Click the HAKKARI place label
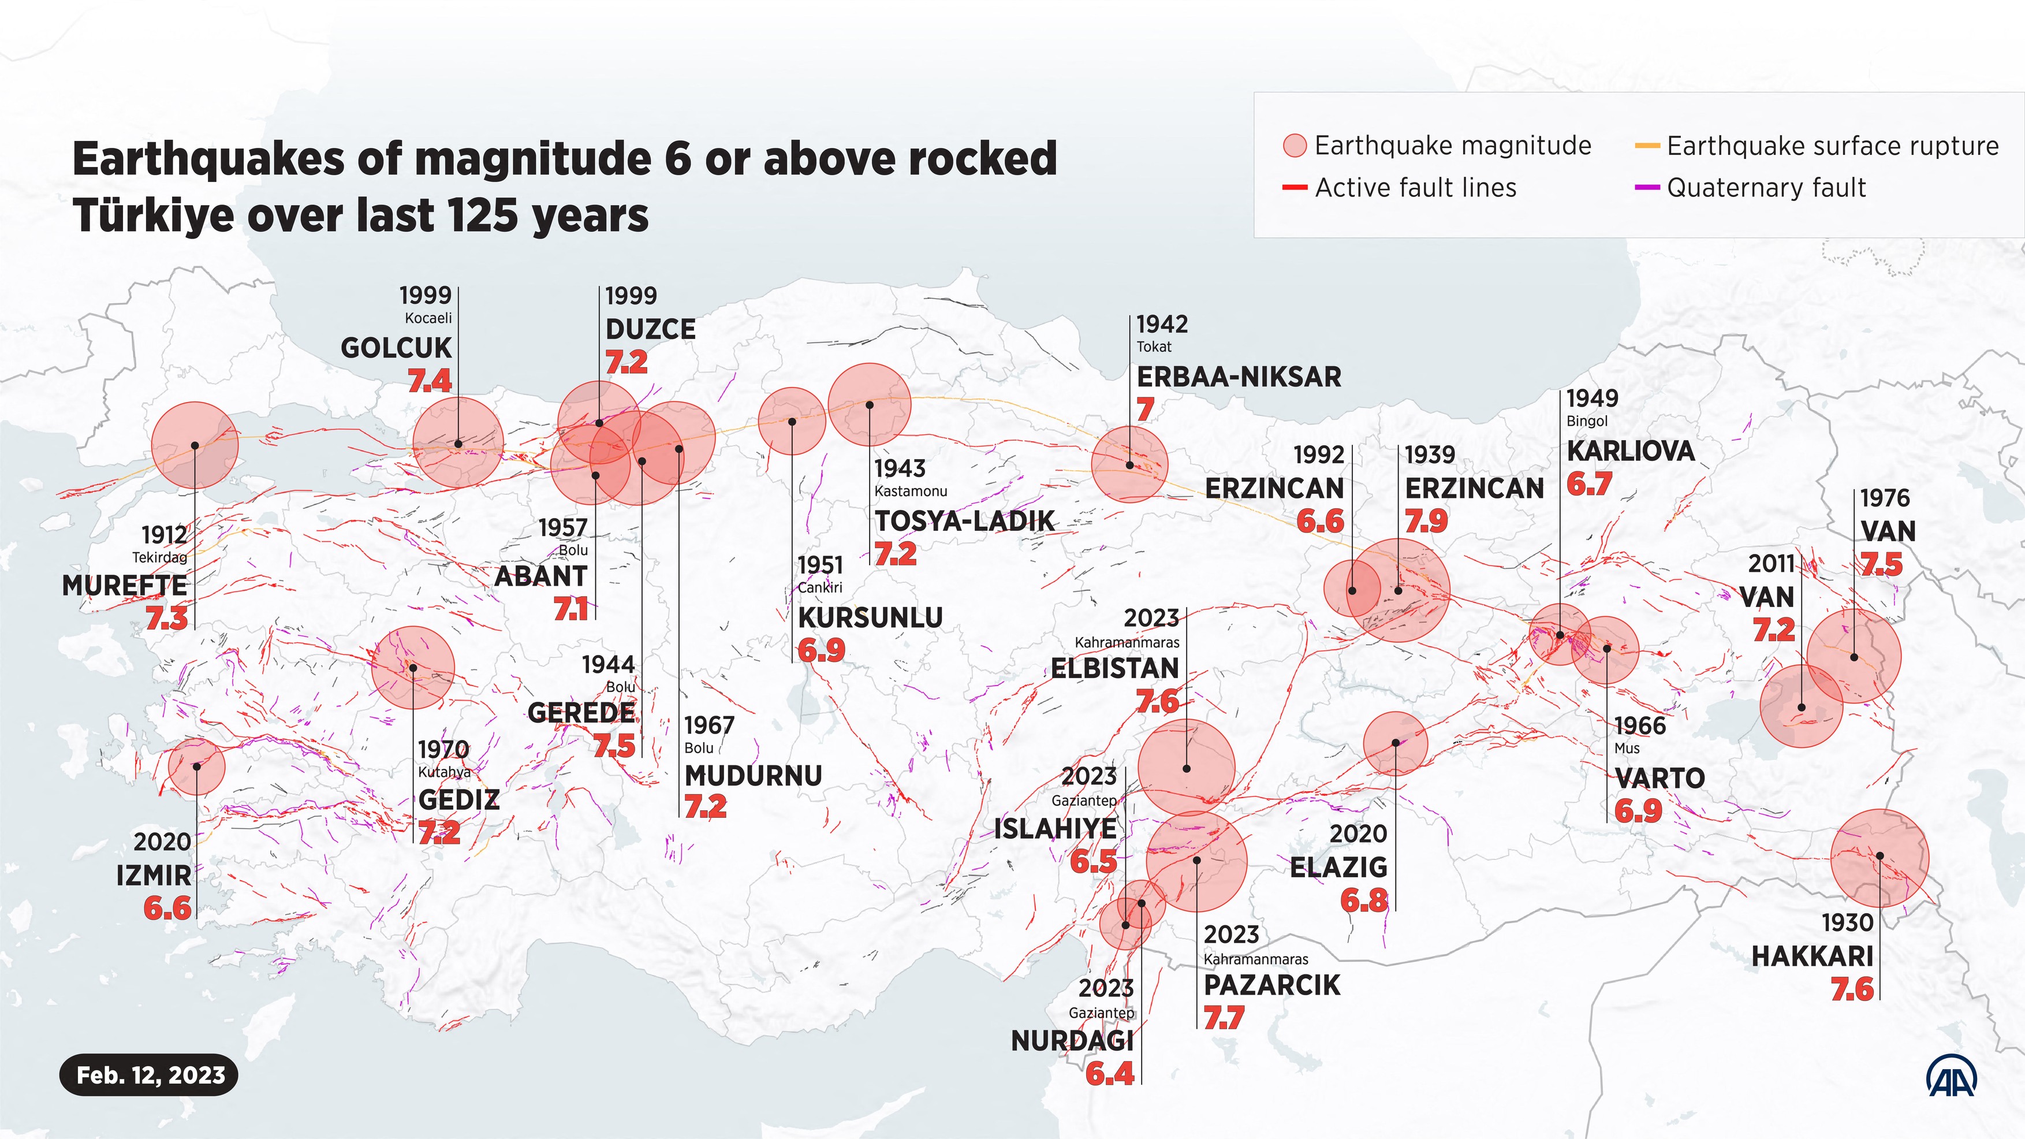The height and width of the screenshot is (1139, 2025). [x=1812, y=956]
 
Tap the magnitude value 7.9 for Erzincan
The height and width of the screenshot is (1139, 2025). [x=1426, y=522]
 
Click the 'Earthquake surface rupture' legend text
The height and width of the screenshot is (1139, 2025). [x=1832, y=146]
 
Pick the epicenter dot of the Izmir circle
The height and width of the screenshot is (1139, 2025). [x=196, y=766]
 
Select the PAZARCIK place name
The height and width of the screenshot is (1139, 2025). [x=1271, y=985]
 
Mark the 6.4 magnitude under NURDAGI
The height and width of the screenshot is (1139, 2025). [x=1109, y=1074]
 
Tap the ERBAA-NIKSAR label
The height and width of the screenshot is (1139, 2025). [x=1239, y=377]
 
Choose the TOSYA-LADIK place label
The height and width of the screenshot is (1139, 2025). [x=964, y=521]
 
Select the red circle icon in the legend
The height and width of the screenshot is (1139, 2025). [x=1294, y=146]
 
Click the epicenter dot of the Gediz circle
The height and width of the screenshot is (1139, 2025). [x=413, y=668]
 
